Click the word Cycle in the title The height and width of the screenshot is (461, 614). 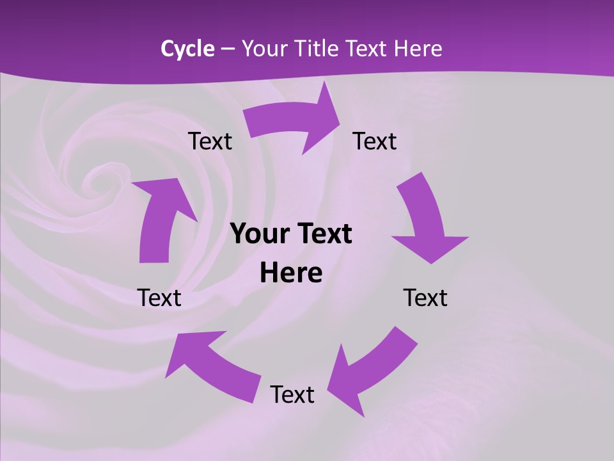click(187, 49)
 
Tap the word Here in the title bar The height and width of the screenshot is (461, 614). click(417, 49)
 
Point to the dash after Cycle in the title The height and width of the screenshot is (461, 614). click(228, 49)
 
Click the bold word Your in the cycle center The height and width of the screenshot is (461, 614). click(258, 234)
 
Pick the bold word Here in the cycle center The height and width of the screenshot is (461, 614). click(291, 273)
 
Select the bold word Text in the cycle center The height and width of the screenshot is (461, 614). click(324, 234)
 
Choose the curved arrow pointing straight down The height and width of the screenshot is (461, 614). click(425, 221)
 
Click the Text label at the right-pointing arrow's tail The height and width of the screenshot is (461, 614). click(210, 142)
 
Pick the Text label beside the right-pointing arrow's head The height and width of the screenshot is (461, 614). click(375, 142)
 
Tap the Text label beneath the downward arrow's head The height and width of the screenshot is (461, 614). click(425, 298)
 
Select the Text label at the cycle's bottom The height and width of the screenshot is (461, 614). click(292, 394)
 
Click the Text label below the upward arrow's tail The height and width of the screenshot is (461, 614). click(159, 298)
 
